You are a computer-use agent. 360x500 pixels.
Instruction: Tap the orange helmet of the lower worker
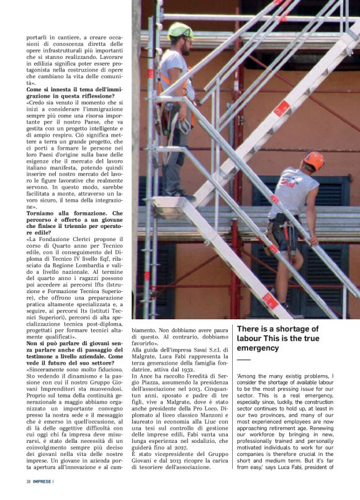313,160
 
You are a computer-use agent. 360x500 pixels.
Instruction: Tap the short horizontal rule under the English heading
243,360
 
